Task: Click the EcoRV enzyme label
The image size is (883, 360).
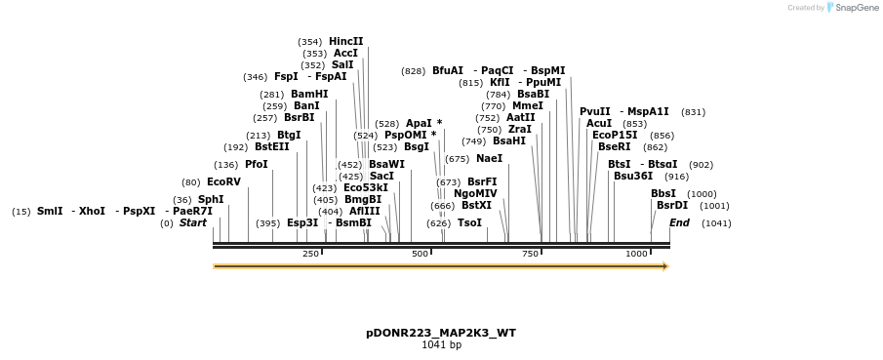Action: coord(223,182)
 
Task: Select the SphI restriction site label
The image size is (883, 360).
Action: coord(211,199)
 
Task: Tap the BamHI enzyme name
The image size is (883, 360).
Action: coord(309,95)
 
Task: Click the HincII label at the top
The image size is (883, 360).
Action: coord(345,42)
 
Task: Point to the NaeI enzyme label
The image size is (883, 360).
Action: coord(489,159)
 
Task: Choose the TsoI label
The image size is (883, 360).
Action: coord(469,223)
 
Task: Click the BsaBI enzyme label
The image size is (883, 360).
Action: coord(533,95)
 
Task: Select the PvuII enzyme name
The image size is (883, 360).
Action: coord(594,112)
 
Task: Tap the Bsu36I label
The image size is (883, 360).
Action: coord(632,177)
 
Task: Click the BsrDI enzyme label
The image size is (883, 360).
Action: coord(671,206)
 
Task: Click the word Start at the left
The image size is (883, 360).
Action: coord(193,223)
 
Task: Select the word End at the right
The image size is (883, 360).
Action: coord(679,223)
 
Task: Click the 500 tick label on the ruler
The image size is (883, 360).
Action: coord(421,254)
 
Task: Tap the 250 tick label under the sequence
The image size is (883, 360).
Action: coord(310,254)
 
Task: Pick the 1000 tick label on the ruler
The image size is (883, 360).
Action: coord(636,254)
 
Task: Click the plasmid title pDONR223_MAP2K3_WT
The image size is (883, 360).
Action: coord(441,333)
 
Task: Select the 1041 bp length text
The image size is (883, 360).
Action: coord(441,345)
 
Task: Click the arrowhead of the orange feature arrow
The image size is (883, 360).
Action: coord(665,265)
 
